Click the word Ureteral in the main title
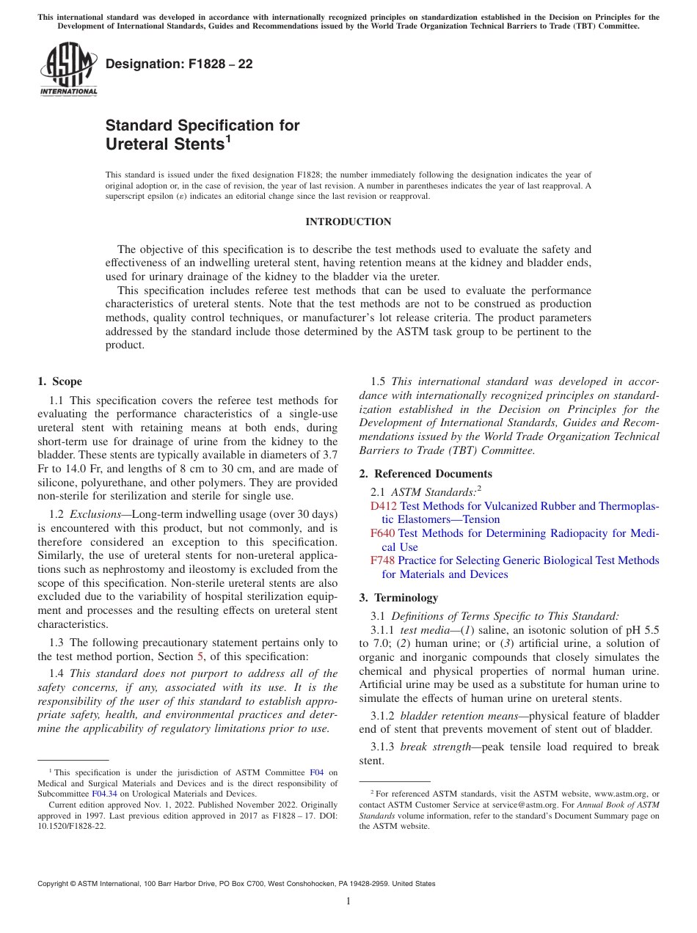pos(137,144)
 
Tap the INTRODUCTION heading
pos(348,222)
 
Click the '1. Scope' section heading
pos(59,381)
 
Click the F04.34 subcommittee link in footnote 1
pos(101,794)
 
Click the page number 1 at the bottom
pos(348,901)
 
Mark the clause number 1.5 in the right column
pos(378,381)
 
